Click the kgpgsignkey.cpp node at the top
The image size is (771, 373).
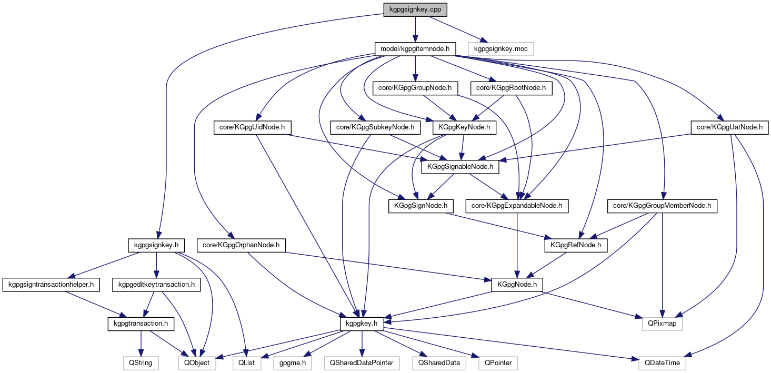point(415,10)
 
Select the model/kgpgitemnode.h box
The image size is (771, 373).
point(415,49)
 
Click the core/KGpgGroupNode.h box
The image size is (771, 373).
point(415,88)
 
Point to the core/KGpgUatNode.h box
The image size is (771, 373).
point(729,127)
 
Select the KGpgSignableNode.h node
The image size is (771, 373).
point(460,167)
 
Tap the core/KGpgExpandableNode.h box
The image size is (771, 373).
point(517,206)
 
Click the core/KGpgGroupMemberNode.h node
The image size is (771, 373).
point(662,206)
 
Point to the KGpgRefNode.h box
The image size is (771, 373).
point(575,245)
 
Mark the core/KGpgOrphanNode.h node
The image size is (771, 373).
point(241,245)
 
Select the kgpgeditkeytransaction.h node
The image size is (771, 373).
point(156,285)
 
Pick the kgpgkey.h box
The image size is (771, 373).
point(362,324)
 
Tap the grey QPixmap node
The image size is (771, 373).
point(662,324)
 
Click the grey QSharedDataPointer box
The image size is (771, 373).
point(362,362)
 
